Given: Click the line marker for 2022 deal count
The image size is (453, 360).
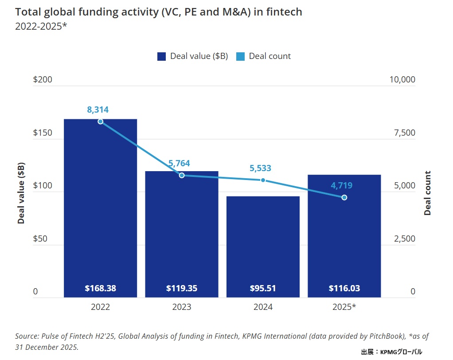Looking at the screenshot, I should (x=101, y=121).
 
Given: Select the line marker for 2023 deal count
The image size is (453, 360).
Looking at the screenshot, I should (x=182, y=175).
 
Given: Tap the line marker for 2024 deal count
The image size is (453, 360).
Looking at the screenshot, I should (x=263, y=180).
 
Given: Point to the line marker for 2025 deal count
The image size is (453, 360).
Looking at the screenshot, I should (x=344, y=197).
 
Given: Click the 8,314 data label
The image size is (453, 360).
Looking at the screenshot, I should (x=98, y=110).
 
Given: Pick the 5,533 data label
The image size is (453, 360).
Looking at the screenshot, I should (x=260, y=168).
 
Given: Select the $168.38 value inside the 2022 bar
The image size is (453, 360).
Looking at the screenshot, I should (x=101, y=288).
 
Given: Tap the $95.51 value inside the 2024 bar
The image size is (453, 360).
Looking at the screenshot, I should (x=263, y=288).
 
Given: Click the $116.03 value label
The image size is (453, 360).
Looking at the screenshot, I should (x=344, y=288).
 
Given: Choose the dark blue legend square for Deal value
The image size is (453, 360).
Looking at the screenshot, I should (x=162, y=56).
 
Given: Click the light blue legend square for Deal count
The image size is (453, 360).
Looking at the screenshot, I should (x=240, y=56).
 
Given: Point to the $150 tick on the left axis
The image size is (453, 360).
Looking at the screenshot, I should (x=43, y=133).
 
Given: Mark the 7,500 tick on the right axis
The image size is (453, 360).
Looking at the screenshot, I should (x=405, y=133).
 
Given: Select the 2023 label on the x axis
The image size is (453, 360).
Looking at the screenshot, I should (x=182, y=307).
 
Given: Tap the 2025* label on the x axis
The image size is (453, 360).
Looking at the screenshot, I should (x=344, y=307).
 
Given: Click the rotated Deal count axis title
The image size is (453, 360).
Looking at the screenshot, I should (x=428, y=193).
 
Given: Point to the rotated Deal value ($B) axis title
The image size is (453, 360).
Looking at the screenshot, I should (x=21, y=193).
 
